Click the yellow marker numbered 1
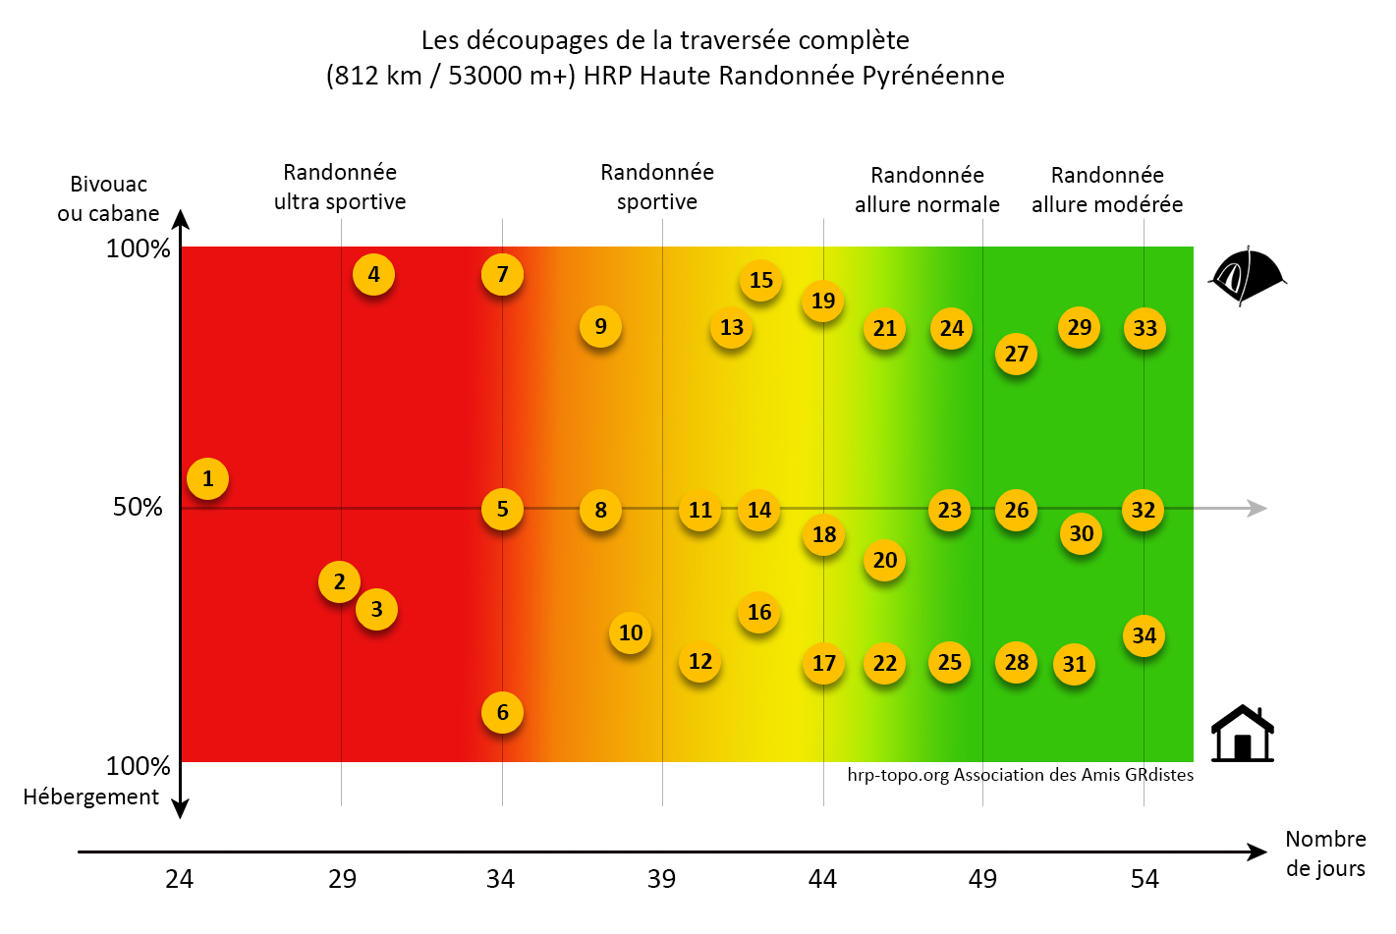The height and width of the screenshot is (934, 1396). tap(207, 479)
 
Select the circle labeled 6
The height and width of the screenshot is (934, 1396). tap(502, 713)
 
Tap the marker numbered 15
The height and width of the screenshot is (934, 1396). tap(760, 281)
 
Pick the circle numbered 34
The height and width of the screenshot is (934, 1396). tap(1144, 636)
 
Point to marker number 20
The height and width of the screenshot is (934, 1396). tap(884, 561)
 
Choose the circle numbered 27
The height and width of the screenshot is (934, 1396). tap(1016, 355)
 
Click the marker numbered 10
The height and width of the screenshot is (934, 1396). tap(631, 633)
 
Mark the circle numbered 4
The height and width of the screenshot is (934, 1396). tap(373, 275)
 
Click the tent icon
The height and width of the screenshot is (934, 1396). tap(1246, 276)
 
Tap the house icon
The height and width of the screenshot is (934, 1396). tap(1242, 734)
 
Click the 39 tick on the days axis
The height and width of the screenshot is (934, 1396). tap(661, 879)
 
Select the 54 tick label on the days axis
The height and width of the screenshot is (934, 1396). tap(1144, 879)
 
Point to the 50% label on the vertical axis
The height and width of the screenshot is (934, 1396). tap(138, 508)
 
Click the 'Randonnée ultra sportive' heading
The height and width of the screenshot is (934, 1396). tap(340, 188)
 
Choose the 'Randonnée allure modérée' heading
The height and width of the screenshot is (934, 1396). tap(1107, 191)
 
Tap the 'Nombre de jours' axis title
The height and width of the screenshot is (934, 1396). tap(1325, 853)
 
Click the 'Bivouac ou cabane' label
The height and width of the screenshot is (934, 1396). tap(108, 198)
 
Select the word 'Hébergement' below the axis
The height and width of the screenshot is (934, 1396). tap(91, 797)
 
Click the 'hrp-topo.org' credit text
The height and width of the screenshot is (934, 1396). tap(898, 775)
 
